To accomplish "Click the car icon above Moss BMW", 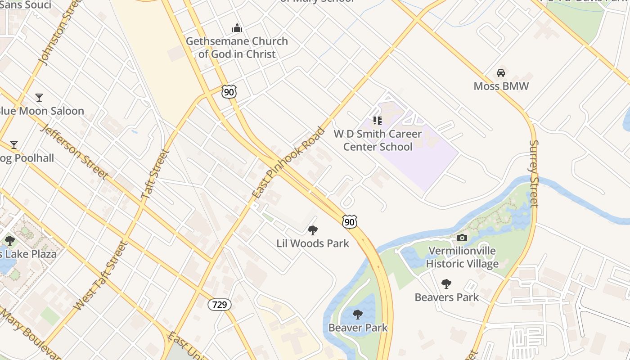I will [x=500, y=72].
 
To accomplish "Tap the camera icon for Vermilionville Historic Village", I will [x=462, y=238].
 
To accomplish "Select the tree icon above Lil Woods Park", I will [x=313, y=230].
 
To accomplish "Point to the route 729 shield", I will [x=219, y=305].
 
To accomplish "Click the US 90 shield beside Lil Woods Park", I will [x=350, y=221].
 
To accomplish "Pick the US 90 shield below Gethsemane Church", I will [x=229, y=92].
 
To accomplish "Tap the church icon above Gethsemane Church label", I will [x=237, y=28].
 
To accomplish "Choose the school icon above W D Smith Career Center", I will [x=378, y=121].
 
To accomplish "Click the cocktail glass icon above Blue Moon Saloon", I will [x=39, y=97].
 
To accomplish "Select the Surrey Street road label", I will [x=534, y=173].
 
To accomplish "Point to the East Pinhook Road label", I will [x=288, y=163].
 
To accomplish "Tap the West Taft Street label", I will [x=100, y=276].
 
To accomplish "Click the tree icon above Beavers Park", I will [x=446, y=283].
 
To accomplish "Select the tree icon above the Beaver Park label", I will [x=358, y=314].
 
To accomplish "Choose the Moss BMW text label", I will [x=501, y=86].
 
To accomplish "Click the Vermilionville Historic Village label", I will [x=462, y=257].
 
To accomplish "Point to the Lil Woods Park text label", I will [x=313, y=243].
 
